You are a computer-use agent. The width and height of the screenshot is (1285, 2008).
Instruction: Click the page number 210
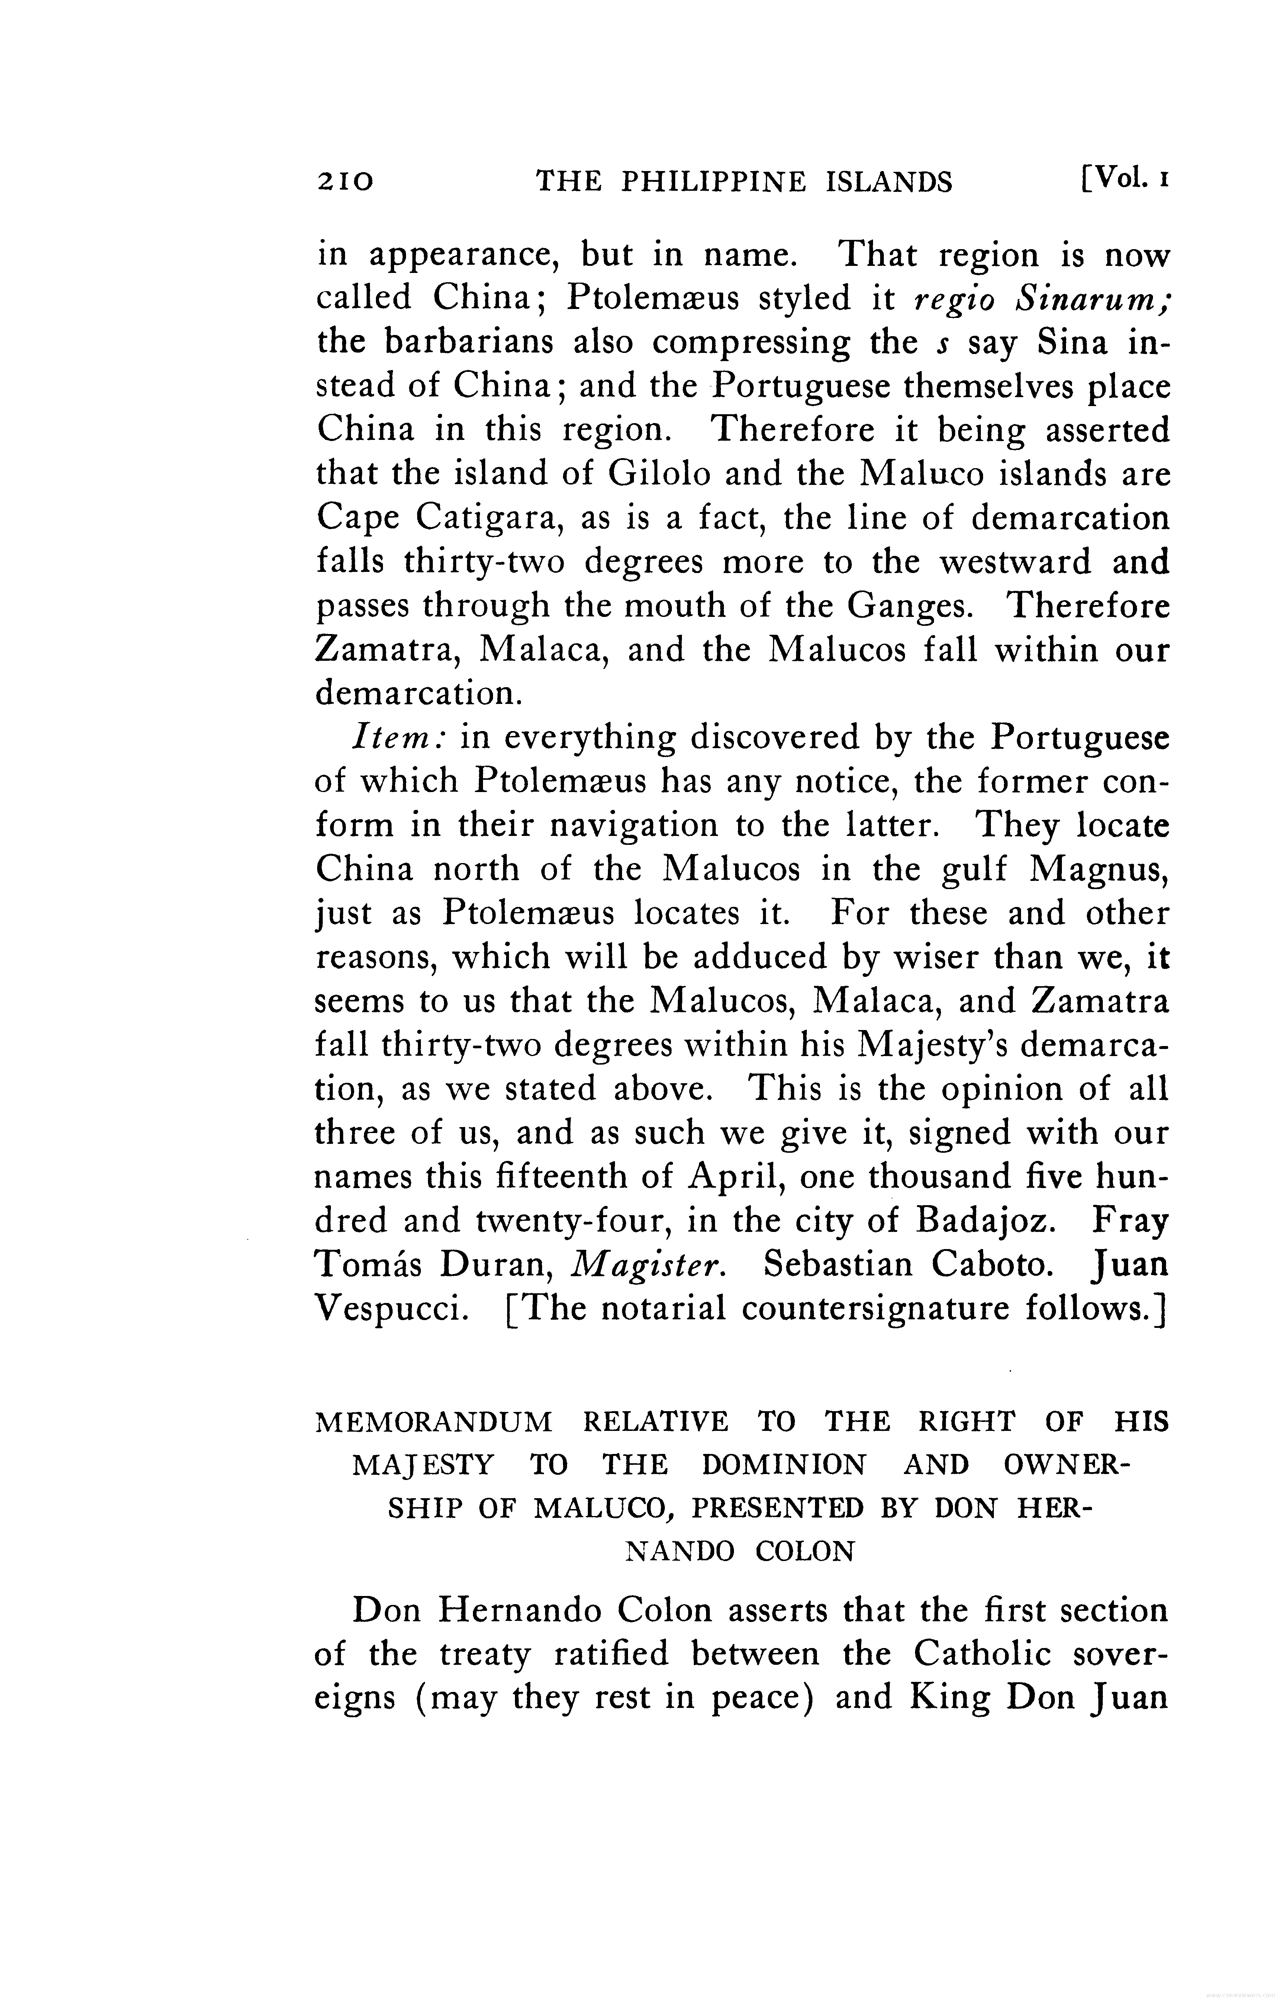click(345, 181)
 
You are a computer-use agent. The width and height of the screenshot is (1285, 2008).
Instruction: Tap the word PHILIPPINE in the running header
click(714, 181)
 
